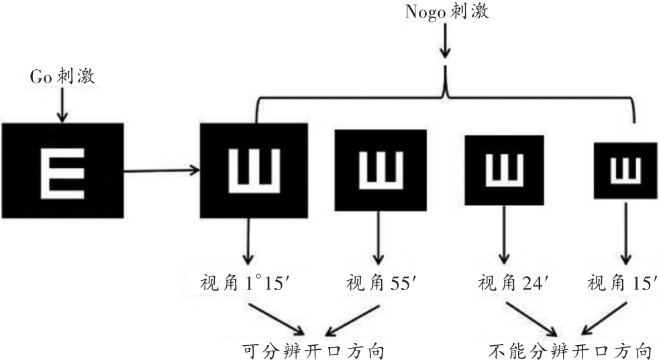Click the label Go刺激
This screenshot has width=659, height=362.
pos(62,77)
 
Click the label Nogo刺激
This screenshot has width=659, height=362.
pos(446,11)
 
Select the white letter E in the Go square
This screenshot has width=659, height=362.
pos(62,171)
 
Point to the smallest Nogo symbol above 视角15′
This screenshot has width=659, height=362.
pos(625,171)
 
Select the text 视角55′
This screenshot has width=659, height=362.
pos(380,282)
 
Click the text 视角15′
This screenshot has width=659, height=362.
pos(621,282)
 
